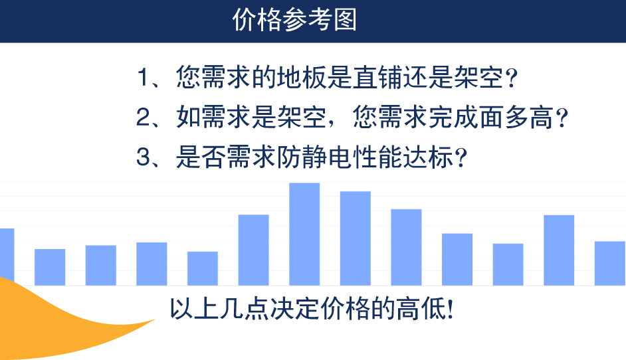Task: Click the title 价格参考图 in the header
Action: (294, 19)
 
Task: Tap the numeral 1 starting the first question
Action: (143, 76)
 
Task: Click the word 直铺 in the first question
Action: (377, 76)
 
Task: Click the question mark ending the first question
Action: (511, 78)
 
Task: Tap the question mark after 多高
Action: (562, 118)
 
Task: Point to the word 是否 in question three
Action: (201, 157)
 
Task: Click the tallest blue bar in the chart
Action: (304, 234)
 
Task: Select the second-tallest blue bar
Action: (356, 238)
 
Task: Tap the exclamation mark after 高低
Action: (451, 309)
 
